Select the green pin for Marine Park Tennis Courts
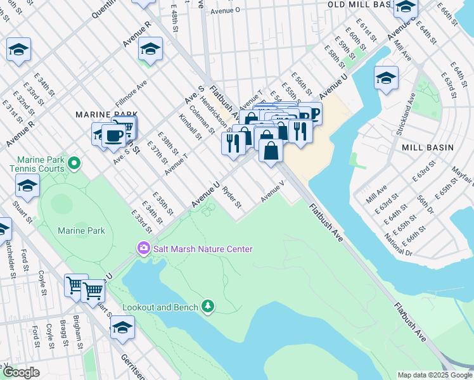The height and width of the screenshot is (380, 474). tap(74, 164)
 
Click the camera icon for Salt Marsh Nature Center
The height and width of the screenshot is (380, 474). tap(143, 248)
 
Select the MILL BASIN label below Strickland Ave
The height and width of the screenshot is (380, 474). tap(428, 147)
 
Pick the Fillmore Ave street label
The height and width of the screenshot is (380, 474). tap(131, 93)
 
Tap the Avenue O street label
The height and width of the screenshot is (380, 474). tap(226, 10)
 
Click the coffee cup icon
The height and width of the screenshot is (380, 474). tap(114, 136)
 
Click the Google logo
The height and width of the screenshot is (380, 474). tap(20, 372)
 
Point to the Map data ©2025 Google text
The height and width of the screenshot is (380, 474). tap(434, 375)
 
